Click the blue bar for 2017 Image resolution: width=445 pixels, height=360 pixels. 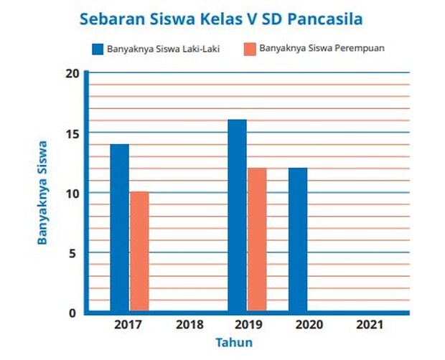119,227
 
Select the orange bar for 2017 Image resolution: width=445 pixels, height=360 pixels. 140,251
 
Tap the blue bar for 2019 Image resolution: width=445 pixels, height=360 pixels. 238,215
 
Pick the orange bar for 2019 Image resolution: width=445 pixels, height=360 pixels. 257,240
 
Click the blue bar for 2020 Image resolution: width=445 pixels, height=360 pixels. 298,240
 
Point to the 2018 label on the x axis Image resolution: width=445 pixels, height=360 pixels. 189,325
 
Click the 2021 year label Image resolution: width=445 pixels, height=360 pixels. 370,325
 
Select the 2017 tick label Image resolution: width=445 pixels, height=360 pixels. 128,325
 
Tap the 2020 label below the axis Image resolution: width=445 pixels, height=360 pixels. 309,325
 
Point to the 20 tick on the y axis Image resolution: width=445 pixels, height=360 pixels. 72,74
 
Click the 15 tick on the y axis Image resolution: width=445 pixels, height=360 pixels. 72,134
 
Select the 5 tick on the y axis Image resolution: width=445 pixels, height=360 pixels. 72,253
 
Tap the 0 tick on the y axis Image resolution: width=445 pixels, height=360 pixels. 72,313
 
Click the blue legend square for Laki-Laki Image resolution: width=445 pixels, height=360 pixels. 98,49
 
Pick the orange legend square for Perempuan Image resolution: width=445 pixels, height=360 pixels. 250,49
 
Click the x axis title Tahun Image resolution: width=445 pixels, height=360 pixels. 234,342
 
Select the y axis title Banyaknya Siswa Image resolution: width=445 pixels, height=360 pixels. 42,192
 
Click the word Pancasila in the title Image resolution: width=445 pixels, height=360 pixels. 325,19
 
